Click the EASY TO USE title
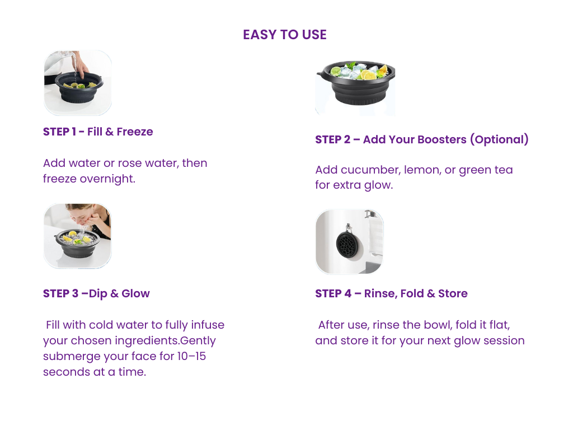[x=285, y=35]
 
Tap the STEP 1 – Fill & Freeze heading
[x=98, y=132]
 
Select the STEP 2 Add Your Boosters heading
[x=422, y=139]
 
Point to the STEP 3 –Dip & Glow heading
[x=96, y=293]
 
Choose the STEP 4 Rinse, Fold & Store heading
[x=391, y=293]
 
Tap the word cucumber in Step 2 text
[x=370, y=170]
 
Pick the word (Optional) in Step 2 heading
[x=499, y=139]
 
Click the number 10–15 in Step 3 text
[x=191, y=356]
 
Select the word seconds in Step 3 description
[x=67, y=372]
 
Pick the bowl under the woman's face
[x=77, y=244]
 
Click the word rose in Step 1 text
[x=130, y=163]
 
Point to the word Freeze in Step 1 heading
[x=135, y=132]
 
